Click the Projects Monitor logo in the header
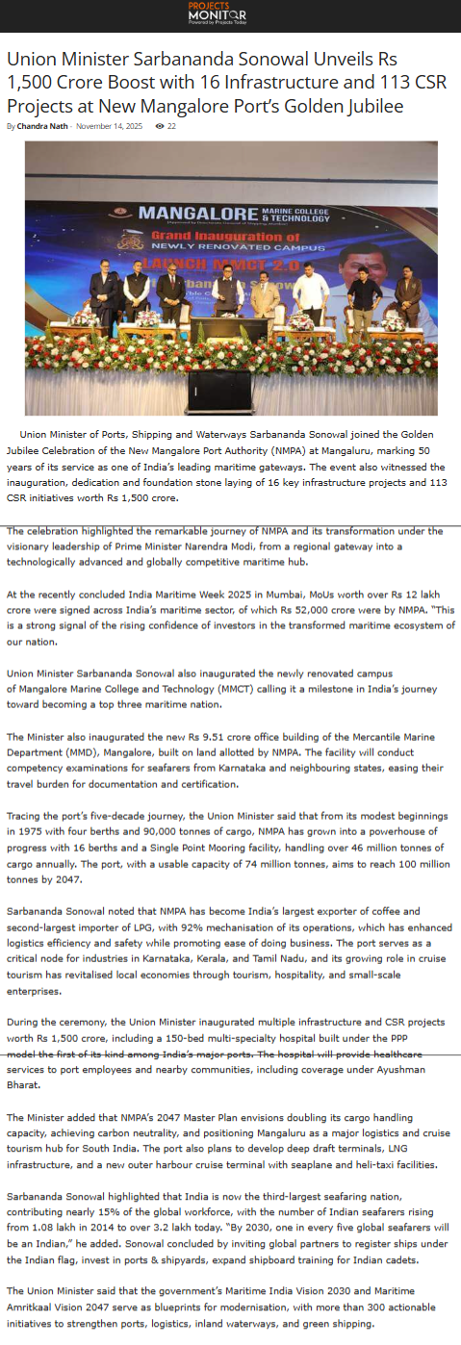[217, 13]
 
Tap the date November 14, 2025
[109, 126]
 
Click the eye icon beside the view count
[159, 126]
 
